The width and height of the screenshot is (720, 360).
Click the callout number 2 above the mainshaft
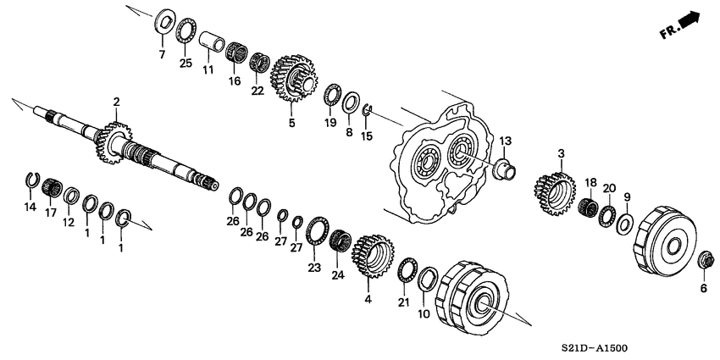[x=116, y=102]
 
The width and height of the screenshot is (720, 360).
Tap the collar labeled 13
[x=505, y=168]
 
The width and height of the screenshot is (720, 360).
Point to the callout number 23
[x=314, y=268]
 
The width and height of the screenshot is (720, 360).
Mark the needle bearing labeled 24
[x=341, y=240]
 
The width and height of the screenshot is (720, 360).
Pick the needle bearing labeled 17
[x=52, y=186]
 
